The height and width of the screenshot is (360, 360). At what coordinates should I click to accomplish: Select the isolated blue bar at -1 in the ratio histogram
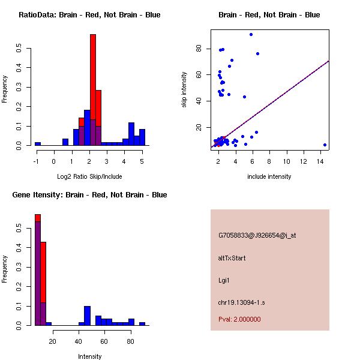[x=38, y=143]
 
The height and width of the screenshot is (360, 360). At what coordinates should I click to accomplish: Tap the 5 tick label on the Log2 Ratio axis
[x=142, y=161]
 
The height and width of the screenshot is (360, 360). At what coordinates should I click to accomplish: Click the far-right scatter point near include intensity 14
[x=325, y=145]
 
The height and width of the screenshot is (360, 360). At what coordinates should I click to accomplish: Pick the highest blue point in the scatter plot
[x=251, y=34]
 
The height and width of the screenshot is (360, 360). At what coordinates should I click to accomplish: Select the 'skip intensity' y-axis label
[x=184, y=89]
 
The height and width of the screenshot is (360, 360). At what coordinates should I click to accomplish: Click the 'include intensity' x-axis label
[x=269, y=176]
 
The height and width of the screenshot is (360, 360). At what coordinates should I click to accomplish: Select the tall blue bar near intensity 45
[x=87, y=316]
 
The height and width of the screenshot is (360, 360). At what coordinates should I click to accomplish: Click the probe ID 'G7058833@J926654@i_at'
[x=257, y=236]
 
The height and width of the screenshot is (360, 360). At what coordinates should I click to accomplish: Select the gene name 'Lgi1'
[x=224, y=280]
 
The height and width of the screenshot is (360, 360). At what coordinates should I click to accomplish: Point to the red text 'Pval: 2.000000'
[x=239, y=319]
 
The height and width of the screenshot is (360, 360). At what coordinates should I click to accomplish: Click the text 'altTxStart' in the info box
[x=232, y=258]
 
